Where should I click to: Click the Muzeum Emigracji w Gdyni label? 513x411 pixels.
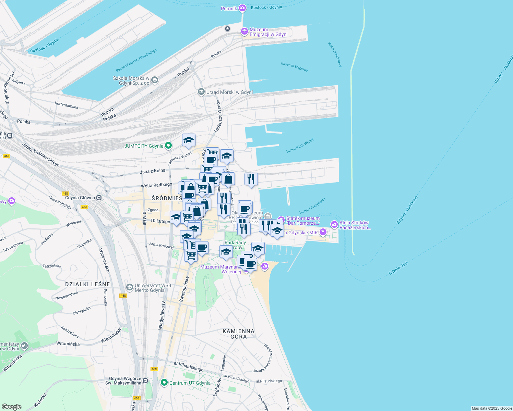point(268,32)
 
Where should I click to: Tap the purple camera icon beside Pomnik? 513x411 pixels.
point(242,8)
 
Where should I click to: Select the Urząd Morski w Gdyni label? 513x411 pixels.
point(229,92)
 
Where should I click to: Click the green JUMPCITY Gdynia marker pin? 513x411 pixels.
point(168,146)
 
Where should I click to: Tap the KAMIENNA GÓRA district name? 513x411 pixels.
point(238,334)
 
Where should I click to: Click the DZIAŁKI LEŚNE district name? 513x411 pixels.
point(87,284)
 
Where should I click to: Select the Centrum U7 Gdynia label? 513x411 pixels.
point(190,383)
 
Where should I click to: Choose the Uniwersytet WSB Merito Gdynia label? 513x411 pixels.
point(150,288)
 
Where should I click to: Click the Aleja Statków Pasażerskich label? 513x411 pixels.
point(355,225)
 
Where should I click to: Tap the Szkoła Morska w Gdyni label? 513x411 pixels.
point(131,80)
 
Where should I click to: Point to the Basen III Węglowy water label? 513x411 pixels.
point(294,66)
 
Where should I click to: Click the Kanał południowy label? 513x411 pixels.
point(335,54)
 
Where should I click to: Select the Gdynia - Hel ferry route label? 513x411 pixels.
point(398,269)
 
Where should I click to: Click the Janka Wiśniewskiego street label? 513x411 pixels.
point(40,154)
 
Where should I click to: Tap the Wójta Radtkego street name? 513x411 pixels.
point(156,185)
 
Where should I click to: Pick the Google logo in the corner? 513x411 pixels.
point(11,407)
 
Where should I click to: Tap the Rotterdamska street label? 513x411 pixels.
point(66,105)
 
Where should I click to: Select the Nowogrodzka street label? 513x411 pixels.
point(67,295)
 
